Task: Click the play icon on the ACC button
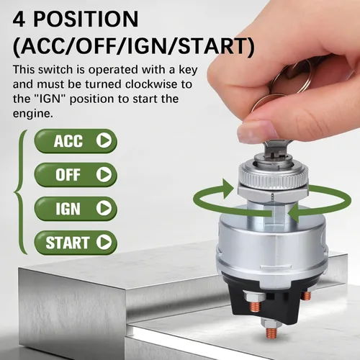click(104, 140)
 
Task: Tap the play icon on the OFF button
click(104, 174)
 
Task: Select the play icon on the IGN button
click(104, 208)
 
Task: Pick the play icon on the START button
click(104, 242)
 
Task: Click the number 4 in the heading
click(19, 19)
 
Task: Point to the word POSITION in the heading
click(86, 19)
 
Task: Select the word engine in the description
click(32, 114)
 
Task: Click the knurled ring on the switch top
click(274, 176)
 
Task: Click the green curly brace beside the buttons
click(21, 192)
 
